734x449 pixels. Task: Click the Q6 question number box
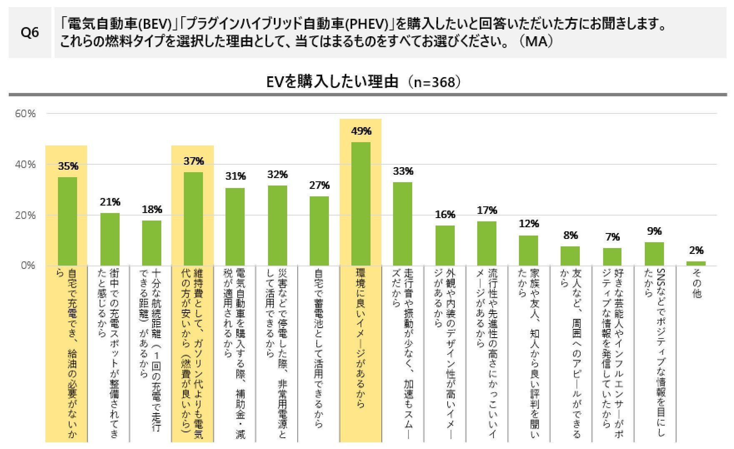pos(30,33)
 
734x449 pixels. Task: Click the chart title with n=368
pos(363,82)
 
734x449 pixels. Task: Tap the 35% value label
pos(68,166)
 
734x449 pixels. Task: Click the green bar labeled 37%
pos(193,218)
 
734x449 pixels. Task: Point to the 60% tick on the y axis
pos(25,114)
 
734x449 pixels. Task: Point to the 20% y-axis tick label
pos(25,216)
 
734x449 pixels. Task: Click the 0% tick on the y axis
pos(28,266)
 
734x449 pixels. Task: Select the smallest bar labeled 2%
pos(696,263)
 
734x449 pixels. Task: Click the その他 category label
pos(696,283)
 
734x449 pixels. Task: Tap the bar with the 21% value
pos(110,239)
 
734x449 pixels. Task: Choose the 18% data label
pos(152,210)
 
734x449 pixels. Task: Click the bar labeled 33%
pos(403,224)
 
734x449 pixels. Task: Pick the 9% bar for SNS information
pos(654,254)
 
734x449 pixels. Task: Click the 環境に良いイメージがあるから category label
pos(361,338)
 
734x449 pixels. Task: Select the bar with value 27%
pos(319,231)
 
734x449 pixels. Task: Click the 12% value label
pos(529,224)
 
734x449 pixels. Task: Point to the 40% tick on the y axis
pos(25,165)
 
